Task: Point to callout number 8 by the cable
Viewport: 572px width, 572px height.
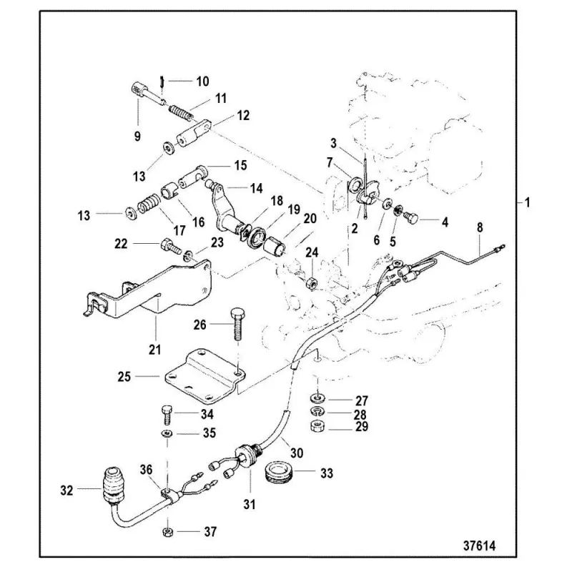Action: pos(480,227)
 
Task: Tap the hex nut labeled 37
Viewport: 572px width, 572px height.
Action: pos(166,531)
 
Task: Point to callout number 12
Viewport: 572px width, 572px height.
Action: pos(244,114)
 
